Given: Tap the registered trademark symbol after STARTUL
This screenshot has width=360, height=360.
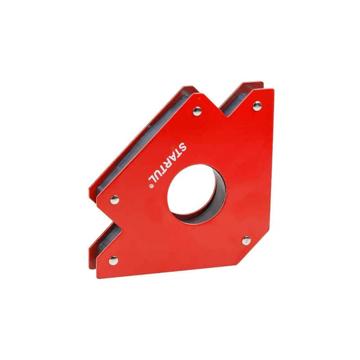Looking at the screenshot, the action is (151, 186).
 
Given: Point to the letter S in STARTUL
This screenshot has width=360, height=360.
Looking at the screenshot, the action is (183, 146).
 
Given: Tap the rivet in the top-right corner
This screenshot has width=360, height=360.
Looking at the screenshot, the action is (257, 106).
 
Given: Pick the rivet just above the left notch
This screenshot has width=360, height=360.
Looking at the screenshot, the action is (115, 199).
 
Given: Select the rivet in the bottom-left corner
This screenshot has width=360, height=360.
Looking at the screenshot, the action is (113, 261).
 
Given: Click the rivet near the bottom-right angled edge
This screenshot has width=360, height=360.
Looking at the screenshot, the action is (247, 240).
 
